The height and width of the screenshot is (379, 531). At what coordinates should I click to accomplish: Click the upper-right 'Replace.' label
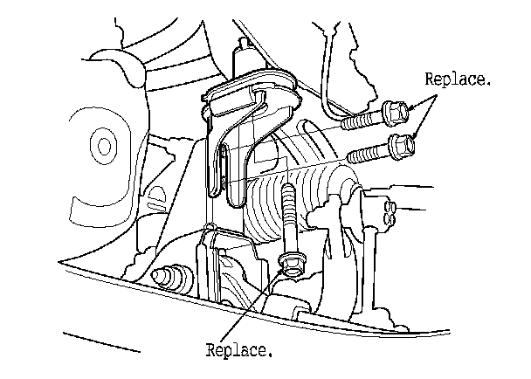tap(458, 80)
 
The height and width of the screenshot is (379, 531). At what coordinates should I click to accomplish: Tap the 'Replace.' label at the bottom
tap(239, 352)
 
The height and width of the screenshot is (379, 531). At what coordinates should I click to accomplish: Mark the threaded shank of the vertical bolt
tap(286, 218)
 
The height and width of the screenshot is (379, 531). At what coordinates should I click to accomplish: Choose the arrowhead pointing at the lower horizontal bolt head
tap(417, 134)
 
